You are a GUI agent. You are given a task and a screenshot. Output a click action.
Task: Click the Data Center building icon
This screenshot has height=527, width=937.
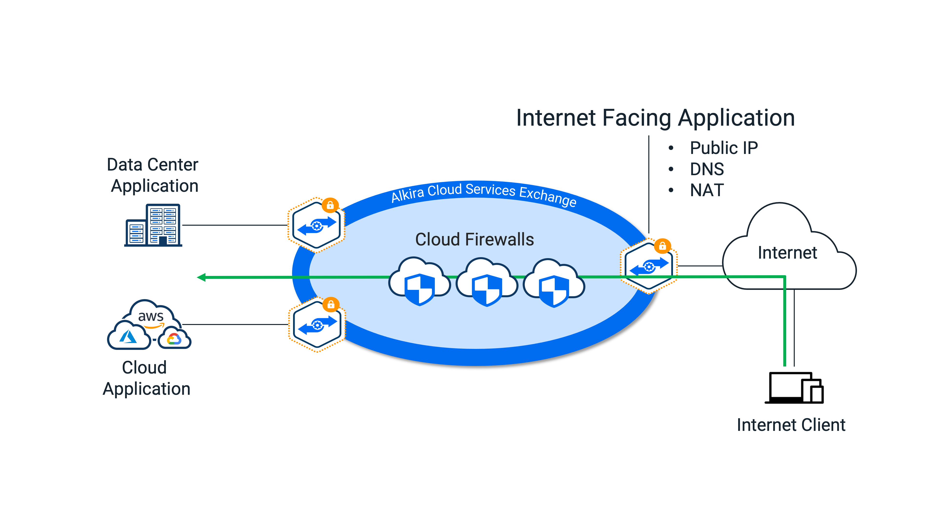pyautogui.click(x=153, y=225)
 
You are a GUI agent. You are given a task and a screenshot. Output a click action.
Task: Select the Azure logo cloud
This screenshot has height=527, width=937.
pyautogui.click(x=128, y=337)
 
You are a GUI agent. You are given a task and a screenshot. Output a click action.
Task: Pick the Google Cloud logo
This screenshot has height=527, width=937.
pyautogui.click(x=174, y=339)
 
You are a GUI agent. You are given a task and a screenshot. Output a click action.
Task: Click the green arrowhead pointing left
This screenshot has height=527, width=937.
pyautogui.click(x=201, y=277)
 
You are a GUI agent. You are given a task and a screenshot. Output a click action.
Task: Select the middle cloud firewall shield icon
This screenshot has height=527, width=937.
pyautogui.click(x=487, y=289)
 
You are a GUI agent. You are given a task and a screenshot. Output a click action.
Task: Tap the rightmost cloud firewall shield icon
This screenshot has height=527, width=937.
pyautogui.click(x=554, y=290)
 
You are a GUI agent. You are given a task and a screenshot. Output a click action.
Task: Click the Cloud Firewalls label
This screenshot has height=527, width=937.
pyautogui.click(x=474, y=240)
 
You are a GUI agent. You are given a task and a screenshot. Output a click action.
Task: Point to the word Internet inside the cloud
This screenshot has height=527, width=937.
pyautogui.click(x=787, y=253)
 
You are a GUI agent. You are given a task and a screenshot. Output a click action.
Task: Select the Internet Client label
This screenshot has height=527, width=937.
pyautogui.click(x=791, y=425)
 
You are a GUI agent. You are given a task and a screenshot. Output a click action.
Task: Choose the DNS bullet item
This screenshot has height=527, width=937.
pyautogui.click(x=707, y=169)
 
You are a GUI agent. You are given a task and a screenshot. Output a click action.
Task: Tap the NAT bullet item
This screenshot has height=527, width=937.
pyautogui.click(x=707, y=190)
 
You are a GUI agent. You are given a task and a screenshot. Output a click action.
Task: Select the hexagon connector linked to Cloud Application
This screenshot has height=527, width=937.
pyautogui.click(x=316, y=325)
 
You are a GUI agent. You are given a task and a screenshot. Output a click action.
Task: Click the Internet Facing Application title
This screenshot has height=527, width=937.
pyautogui.click(x=655, y=118)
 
